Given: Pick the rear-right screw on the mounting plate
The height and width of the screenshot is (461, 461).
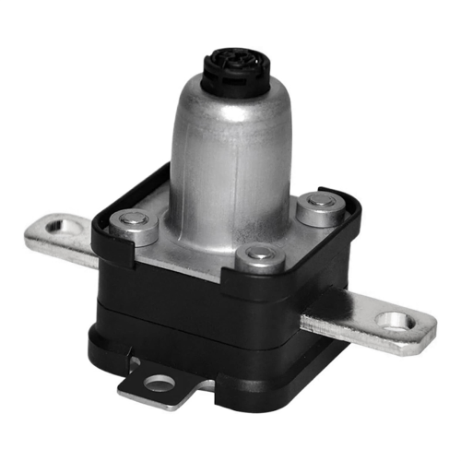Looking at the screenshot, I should click(x=319, y=204).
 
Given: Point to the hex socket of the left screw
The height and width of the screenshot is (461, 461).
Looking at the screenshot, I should click(x=133, y=219).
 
